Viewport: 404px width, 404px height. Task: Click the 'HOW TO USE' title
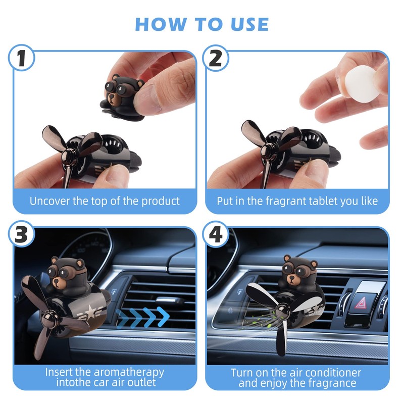(202, 24)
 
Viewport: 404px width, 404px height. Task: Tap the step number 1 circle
(21, 58)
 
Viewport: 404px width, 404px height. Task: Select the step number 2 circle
(216, 58)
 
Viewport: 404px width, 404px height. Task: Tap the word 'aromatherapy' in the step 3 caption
(129, 373)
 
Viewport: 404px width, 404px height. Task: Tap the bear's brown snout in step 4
(292, 279)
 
